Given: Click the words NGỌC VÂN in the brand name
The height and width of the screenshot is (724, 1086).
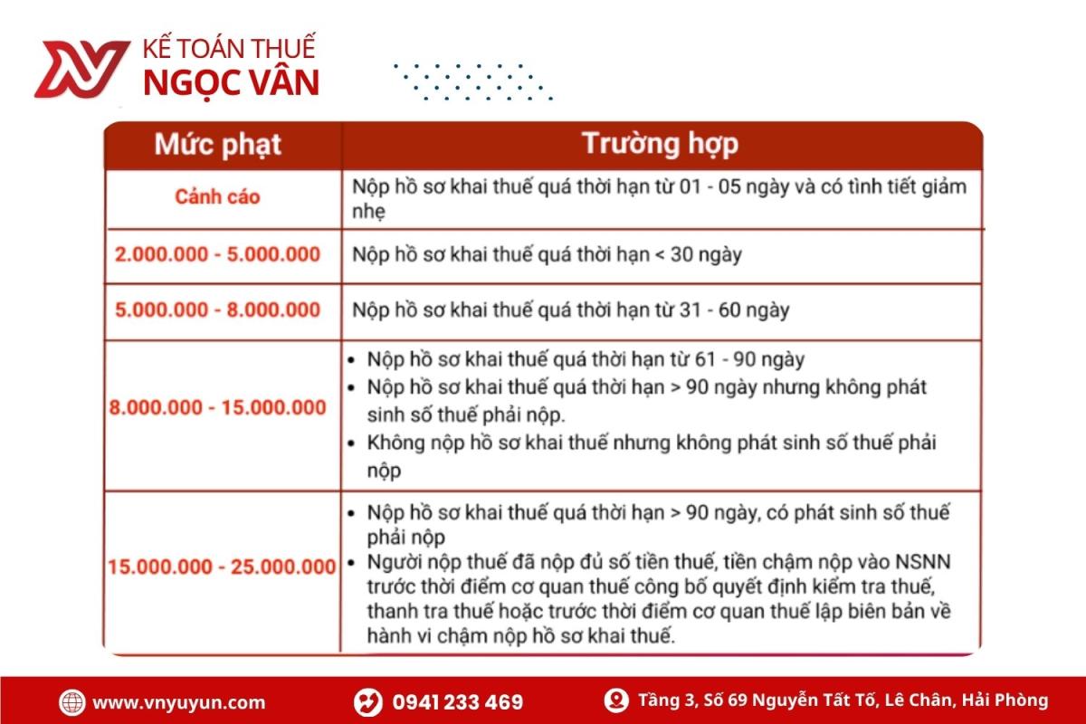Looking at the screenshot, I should point(231,82).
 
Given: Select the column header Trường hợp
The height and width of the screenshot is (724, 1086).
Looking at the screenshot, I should point(659,144).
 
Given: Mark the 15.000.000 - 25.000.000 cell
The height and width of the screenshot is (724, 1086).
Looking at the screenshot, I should point(222,567).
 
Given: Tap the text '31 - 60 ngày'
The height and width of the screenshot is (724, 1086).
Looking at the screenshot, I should point(734,310).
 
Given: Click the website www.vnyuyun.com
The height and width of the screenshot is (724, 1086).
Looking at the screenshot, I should point(179,702).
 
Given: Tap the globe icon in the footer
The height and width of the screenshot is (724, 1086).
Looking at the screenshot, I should point(72,702).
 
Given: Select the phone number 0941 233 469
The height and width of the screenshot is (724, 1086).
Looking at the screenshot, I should point(457,702).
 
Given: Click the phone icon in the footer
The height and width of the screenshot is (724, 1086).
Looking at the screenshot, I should point(367,702).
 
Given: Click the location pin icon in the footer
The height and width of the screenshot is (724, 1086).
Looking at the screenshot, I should point(617,700).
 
